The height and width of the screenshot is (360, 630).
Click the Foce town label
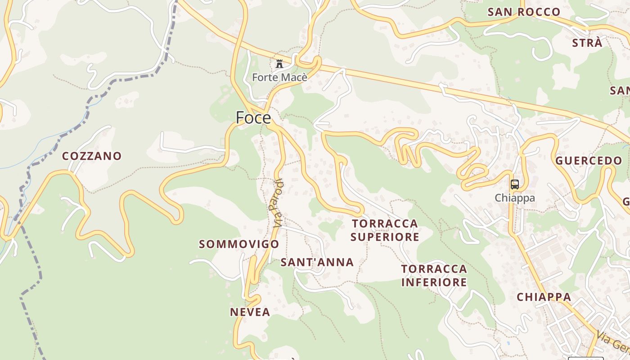[253, 118]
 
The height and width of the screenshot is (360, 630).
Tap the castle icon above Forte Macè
[279, 63]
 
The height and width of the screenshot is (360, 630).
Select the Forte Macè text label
[279, 77]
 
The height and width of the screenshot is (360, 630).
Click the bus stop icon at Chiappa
[515, 184]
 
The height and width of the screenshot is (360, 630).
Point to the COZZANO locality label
[92, 156]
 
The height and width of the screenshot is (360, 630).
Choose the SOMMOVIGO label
[239, 244]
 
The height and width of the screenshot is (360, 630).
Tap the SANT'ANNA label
[317, 262]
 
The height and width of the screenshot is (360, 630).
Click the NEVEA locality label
[250, 312]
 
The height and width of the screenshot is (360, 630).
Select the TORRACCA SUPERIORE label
[385, 230]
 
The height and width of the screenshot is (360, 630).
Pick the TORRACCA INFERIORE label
[434, 275]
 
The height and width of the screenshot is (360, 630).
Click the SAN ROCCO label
[524, 12]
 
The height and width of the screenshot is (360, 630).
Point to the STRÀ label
[587, 43]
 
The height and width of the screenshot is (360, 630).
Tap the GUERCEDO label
[589, 161]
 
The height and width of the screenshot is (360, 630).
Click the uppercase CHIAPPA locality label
[544, 297]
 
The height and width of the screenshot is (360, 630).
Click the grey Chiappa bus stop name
[515, 198]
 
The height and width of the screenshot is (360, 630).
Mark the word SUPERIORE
[385, 237]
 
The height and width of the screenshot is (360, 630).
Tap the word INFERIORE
[434, 282]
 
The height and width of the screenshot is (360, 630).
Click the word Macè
[295, 77]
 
